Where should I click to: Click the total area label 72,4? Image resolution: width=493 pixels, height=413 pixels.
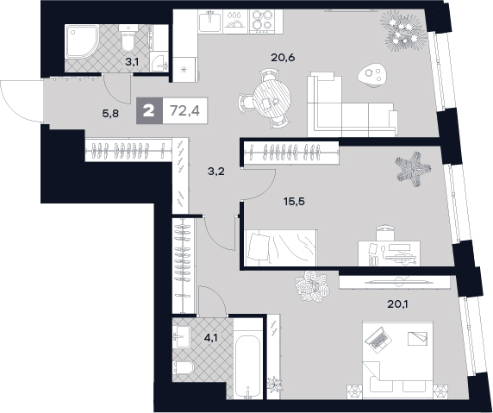[x=184, y=110]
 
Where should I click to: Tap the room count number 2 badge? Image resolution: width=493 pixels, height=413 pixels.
[x=149, y=110]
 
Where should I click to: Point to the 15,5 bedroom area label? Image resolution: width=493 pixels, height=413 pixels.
[x=294, y=201]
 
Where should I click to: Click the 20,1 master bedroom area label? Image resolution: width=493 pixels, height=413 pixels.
[x=397, y=304]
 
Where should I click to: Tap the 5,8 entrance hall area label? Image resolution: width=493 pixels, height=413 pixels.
[x=110, y=113]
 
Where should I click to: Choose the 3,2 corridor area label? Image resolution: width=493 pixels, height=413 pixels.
[x=216, y=172]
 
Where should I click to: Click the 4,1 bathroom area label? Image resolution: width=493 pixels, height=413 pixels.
[x=211, y=338]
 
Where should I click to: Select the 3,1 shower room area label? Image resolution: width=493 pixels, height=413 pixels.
[x=132, y=62]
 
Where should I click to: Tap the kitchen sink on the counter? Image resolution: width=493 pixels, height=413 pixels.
[x=210, y=21]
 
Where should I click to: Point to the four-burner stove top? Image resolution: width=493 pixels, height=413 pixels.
[x=260, y=22]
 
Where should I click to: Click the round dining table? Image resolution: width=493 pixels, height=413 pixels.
[x=272, y=98]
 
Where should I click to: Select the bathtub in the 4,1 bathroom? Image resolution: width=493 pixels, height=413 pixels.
[x=248, y=366]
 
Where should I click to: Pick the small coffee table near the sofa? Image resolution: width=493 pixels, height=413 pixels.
[x=372, y=75]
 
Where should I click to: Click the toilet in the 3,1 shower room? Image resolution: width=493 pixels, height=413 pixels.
[x=128, y=39]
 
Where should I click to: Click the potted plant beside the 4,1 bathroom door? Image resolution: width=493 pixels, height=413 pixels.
[x=275, y=385]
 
